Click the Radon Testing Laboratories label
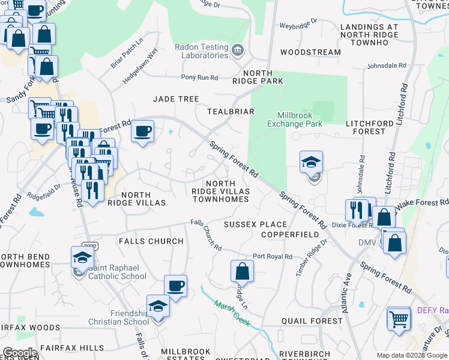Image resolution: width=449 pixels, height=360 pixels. (201, 51)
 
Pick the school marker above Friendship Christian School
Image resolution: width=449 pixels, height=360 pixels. (158, 307)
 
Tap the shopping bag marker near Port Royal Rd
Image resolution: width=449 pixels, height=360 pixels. (242, 271)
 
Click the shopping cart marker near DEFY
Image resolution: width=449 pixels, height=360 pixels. (399, 319)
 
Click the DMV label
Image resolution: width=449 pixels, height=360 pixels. (367, 242)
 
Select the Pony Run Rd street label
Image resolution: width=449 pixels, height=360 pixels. (200, 77)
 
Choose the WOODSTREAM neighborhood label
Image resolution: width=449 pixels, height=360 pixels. (310, 52)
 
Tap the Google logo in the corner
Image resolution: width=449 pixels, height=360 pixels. (20, 353)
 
